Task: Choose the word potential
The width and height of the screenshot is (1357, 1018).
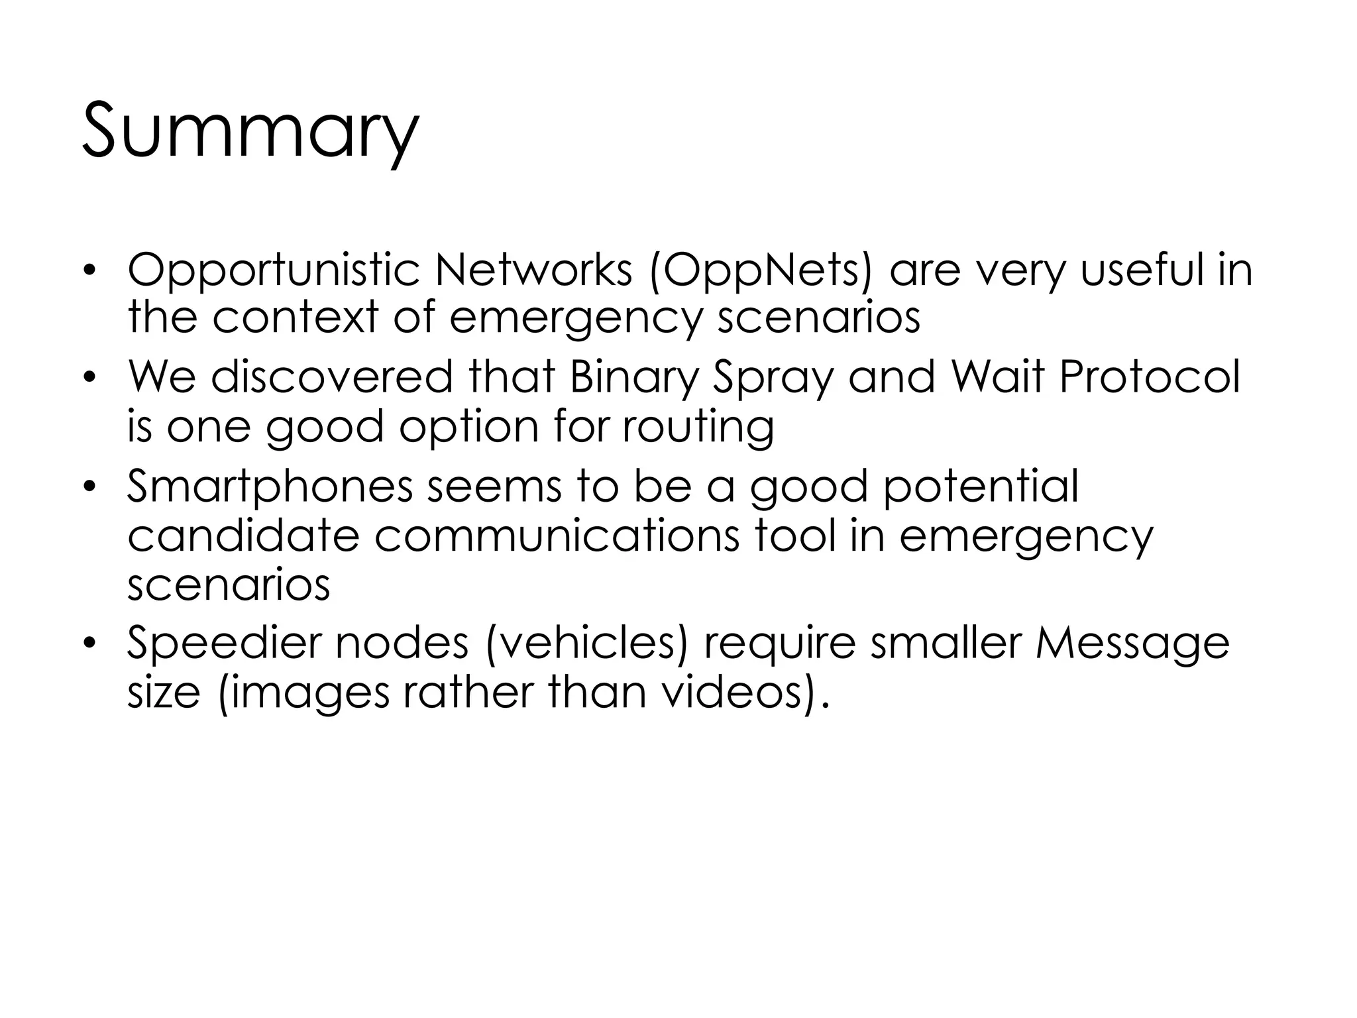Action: [981, 487]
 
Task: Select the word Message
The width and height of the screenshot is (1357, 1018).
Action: [1132, 645]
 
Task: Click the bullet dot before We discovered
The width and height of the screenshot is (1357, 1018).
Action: [91, 378]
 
